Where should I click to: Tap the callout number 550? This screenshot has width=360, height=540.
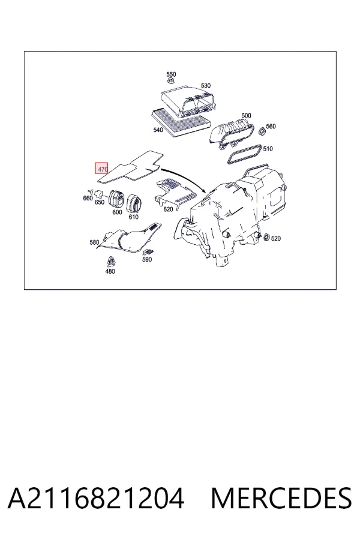[x=171, y=74]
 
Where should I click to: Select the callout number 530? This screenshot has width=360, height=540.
[x=206, y=85]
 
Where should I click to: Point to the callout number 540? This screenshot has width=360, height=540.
[x=158, y=130]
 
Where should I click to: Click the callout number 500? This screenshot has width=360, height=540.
[x=247, y=115]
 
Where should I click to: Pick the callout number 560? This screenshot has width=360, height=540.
[x=271, y=127]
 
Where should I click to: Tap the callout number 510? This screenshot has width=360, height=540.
[x=268, y=148]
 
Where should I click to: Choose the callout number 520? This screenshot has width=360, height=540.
[x=275, y=238]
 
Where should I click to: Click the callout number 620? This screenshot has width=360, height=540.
[x=168, y=209]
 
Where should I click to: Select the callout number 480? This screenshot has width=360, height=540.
[x=110, y=271]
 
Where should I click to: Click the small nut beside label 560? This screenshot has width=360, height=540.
[x=262, y=131]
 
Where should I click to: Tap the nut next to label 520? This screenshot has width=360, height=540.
[x=266, y=237]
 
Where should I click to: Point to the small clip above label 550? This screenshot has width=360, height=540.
[x=170, y=80]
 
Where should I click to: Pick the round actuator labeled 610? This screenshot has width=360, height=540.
[x=133, y=203]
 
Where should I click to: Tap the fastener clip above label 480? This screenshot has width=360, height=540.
[x=110, y=262]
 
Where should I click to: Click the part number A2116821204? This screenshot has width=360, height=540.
[x=96, y=498]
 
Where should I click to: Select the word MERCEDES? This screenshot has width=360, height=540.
[x=281, y=498]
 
